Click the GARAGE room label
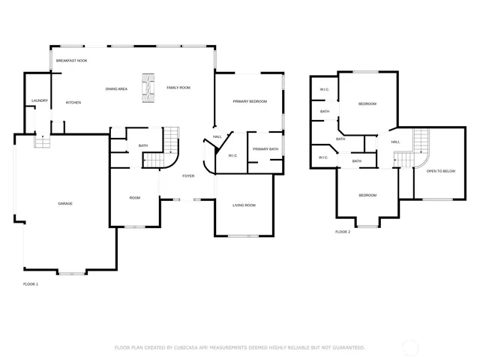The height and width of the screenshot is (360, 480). coord(65,203)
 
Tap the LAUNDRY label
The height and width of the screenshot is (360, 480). coord(39,100)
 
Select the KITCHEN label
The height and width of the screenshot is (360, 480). coord(73,103)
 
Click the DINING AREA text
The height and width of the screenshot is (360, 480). coord(116,88)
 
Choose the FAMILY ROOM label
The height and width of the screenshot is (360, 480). coord(178,88)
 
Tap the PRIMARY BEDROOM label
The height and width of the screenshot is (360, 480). coord(249,101)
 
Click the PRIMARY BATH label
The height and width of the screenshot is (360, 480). coord(265,149)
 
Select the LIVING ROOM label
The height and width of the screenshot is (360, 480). coord(244,205)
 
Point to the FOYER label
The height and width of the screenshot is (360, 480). coord(187,176)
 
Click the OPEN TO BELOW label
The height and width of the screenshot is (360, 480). coord(441,171)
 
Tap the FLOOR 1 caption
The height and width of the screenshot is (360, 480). coord(31,284)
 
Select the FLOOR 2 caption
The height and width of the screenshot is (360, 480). coord(343,232)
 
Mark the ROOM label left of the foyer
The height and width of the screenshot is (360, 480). coord(135,198)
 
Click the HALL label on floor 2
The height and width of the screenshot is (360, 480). coord(395,142)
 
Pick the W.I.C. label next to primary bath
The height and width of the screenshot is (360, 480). coord(232,156)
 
